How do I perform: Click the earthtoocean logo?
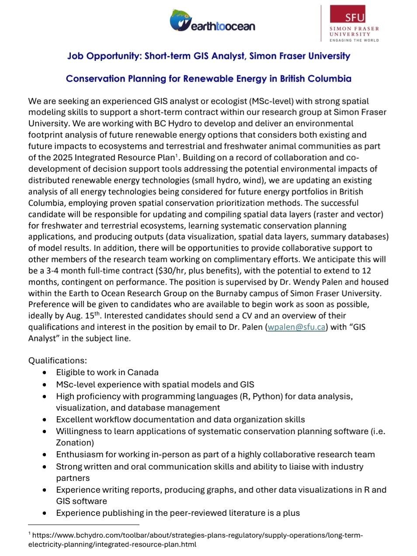212,21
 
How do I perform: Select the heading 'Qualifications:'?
58,361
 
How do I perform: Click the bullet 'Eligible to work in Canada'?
107,373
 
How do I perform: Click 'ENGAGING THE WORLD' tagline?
354,40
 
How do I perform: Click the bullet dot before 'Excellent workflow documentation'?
45,420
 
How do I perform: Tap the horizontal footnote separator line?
83,525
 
